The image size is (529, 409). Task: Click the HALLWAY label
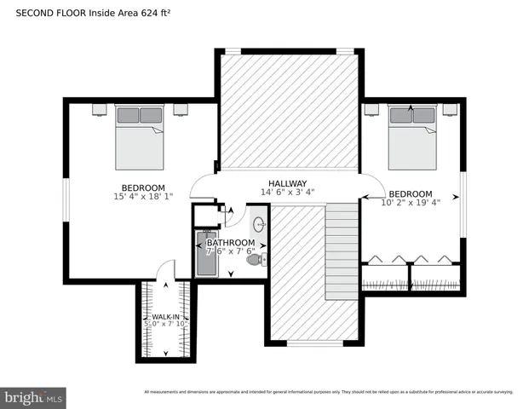tap(287, 183)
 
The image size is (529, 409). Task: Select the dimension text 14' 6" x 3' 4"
tap(287, 193)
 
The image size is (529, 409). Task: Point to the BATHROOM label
tap(230, 243)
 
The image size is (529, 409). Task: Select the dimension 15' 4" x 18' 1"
tap(143, 197)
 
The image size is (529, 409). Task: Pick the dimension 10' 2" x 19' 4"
tap(411, 203)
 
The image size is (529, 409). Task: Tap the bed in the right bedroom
tap(411, 136)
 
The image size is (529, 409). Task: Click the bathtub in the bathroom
tap(207, 255)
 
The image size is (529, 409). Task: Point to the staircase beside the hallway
tap(342, 251)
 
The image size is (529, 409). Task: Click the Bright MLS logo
tap(34, 398)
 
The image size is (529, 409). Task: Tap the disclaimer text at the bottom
tap(328, 392)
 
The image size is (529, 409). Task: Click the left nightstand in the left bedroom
tap(98, 108)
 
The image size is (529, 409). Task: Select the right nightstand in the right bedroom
tap(449, 108)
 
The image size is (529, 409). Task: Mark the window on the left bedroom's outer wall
tap(65, 201)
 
